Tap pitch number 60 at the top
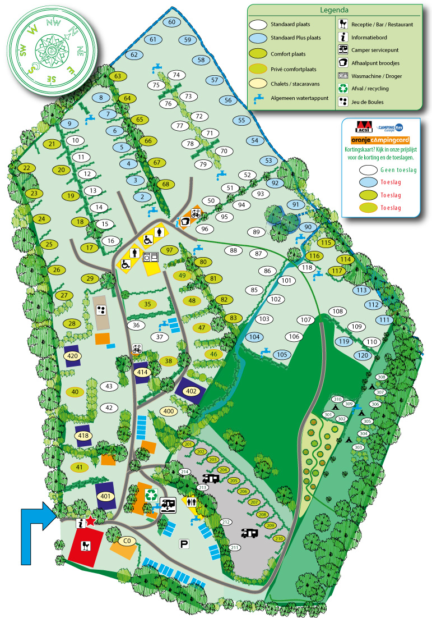(x=171, y=22)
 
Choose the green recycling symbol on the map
(x=151, y=495)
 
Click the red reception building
(x=86, y=544)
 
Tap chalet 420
(x=72, y=356)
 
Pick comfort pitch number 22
(x=26, y=168)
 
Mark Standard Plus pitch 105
(x=282, y=354)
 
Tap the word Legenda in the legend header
(x=335, y=10)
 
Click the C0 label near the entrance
(x=128, y=541)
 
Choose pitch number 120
(x=363, y=355)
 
